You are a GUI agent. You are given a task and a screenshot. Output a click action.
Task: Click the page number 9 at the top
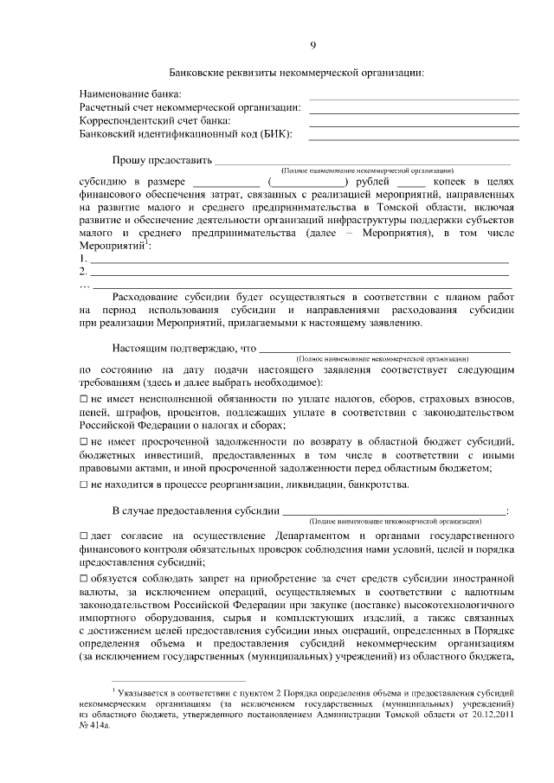[x=313, y=45]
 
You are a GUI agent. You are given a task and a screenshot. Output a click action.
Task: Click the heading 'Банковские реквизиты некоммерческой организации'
[x=297, y=72]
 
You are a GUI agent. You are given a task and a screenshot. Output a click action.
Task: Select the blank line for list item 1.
[x=300, y=260]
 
